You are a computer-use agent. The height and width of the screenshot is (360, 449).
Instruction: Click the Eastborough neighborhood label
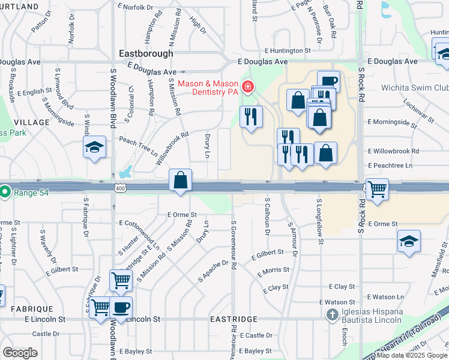click(x=146, y=53)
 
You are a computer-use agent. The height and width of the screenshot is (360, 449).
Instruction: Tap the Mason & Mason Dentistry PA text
click(x=208, y=88)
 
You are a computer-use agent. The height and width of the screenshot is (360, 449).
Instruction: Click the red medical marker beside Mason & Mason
click(x=247, y=88)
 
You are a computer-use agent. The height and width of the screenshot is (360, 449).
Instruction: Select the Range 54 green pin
click(x=5, y=193)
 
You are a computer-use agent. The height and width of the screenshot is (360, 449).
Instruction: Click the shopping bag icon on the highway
click(x=181, y=181)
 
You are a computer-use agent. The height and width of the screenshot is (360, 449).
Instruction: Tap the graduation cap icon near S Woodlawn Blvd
click(x=95, y=148)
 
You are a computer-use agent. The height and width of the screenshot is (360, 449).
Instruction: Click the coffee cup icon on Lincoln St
click(x=121, y=308)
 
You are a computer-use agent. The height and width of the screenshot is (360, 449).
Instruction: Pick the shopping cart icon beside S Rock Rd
click(x=377, y=189)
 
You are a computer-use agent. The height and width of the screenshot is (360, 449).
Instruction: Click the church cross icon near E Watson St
click(x=331, y=314)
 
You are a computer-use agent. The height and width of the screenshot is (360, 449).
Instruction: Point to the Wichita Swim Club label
click(x=415, y=88)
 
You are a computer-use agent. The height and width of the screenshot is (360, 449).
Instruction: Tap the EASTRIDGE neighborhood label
click(x=234, y=319)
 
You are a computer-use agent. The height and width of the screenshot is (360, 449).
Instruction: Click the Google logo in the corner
click(x=20, y=352)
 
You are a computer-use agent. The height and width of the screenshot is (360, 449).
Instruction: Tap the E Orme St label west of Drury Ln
click(x=182, y=214)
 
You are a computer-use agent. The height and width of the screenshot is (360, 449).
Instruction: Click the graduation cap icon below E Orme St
click(x=409, y=241)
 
